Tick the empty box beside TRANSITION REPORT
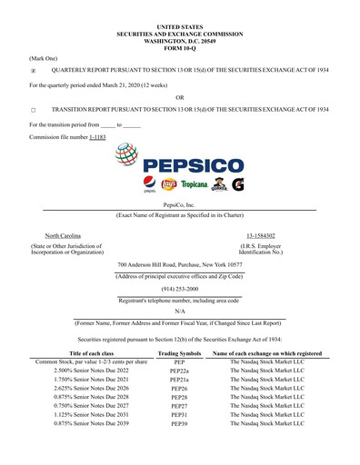point(34,109)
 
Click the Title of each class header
point(91,352)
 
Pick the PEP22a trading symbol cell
point(179,371)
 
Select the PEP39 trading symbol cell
point(179,423)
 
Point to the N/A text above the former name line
point(179,310)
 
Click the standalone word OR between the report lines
point(179,97)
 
